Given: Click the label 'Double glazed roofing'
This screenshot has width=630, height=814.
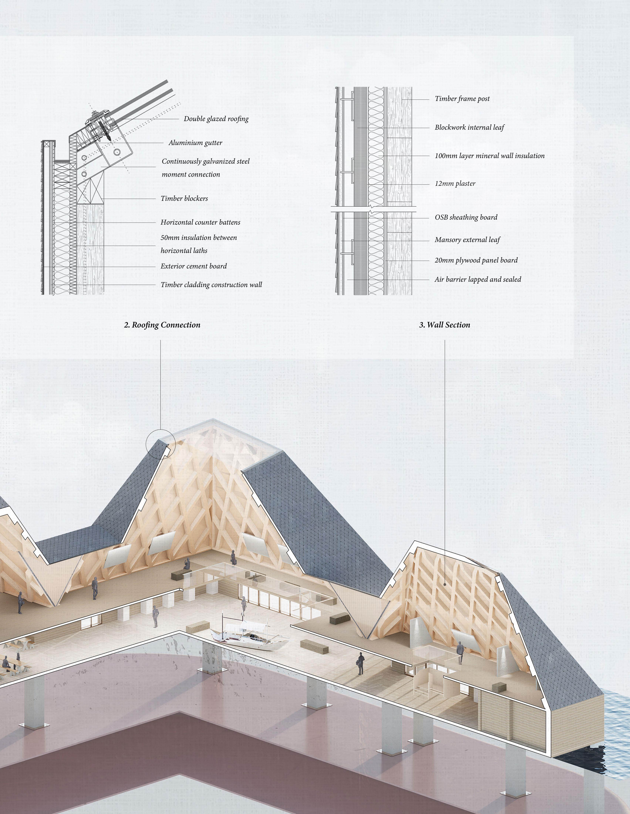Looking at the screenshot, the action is (216, 119).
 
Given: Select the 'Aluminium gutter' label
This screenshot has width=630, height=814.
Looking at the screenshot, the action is (195, 143).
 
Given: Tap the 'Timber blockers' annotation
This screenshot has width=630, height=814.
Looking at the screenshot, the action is (184, 198).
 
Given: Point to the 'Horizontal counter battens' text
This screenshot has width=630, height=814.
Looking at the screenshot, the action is (201, 222).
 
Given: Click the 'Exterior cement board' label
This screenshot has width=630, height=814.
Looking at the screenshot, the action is (193, 266).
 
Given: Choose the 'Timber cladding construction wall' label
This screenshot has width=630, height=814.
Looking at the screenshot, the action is (211, 285).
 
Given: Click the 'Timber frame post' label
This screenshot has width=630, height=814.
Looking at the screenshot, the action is (462, 99).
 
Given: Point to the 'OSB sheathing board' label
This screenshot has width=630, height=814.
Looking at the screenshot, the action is (466, 217).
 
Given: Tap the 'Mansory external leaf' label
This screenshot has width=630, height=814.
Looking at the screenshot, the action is (467, 240).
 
